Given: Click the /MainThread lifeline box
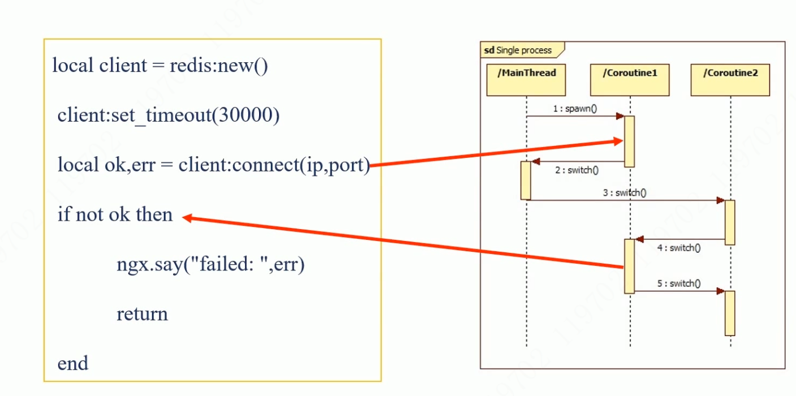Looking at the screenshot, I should [526, 80].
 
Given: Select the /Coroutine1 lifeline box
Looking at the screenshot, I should [629, 80].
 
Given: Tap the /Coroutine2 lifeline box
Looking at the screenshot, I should [730, 80].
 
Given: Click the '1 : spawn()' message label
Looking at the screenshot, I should [575, 109].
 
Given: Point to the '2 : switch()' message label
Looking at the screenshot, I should [576, 170].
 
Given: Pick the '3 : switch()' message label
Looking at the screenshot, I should [625, 193].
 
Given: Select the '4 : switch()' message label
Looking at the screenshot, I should [679, 248].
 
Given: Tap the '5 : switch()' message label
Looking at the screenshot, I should [679, 283].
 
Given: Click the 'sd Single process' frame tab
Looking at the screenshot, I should [518, 50].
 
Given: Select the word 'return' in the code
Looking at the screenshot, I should [142, 314].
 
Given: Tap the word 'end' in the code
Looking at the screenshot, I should [72, 363].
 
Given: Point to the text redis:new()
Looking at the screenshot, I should [218, 66].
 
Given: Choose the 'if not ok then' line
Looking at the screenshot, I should [115, 214].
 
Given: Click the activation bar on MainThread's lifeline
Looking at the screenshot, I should [526, 180].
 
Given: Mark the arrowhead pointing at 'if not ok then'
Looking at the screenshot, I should [187, 217].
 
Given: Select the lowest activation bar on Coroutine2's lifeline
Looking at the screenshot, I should [730, 313].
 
